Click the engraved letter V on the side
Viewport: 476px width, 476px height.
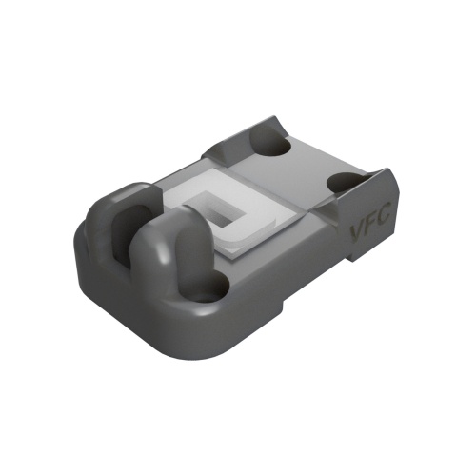356,232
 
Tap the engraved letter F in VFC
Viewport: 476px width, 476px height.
370,224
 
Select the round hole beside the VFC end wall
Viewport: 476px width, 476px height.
345,183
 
